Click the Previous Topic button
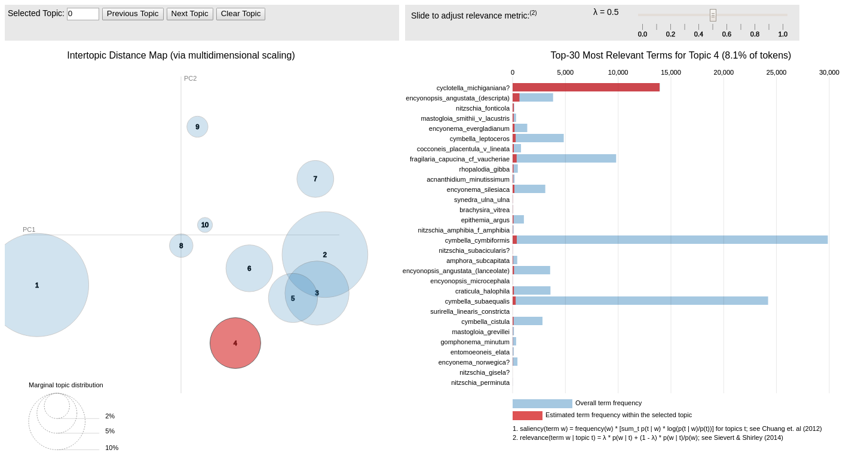(x=133, y=14)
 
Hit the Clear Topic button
(x=240, y=14)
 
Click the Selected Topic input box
(x=82, y=14)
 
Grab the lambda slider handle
(x=713, y=15)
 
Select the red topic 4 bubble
(x=235, y=343)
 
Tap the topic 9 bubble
(x=197, y=127)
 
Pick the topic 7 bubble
(x=315, y=179)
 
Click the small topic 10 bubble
(x=205, y=225)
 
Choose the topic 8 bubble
(x=181, y=246)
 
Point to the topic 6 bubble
(x=249, y=268)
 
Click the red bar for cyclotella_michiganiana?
(x=586, y=87)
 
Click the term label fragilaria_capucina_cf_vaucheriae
(x=459, y=159)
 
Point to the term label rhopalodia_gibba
(x=484, y=169)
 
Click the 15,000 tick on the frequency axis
(x=670, y=72)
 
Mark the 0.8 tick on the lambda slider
(x=755, y=34)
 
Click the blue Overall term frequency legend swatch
(x=542, y=403)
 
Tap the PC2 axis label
(x=190, y=78)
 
